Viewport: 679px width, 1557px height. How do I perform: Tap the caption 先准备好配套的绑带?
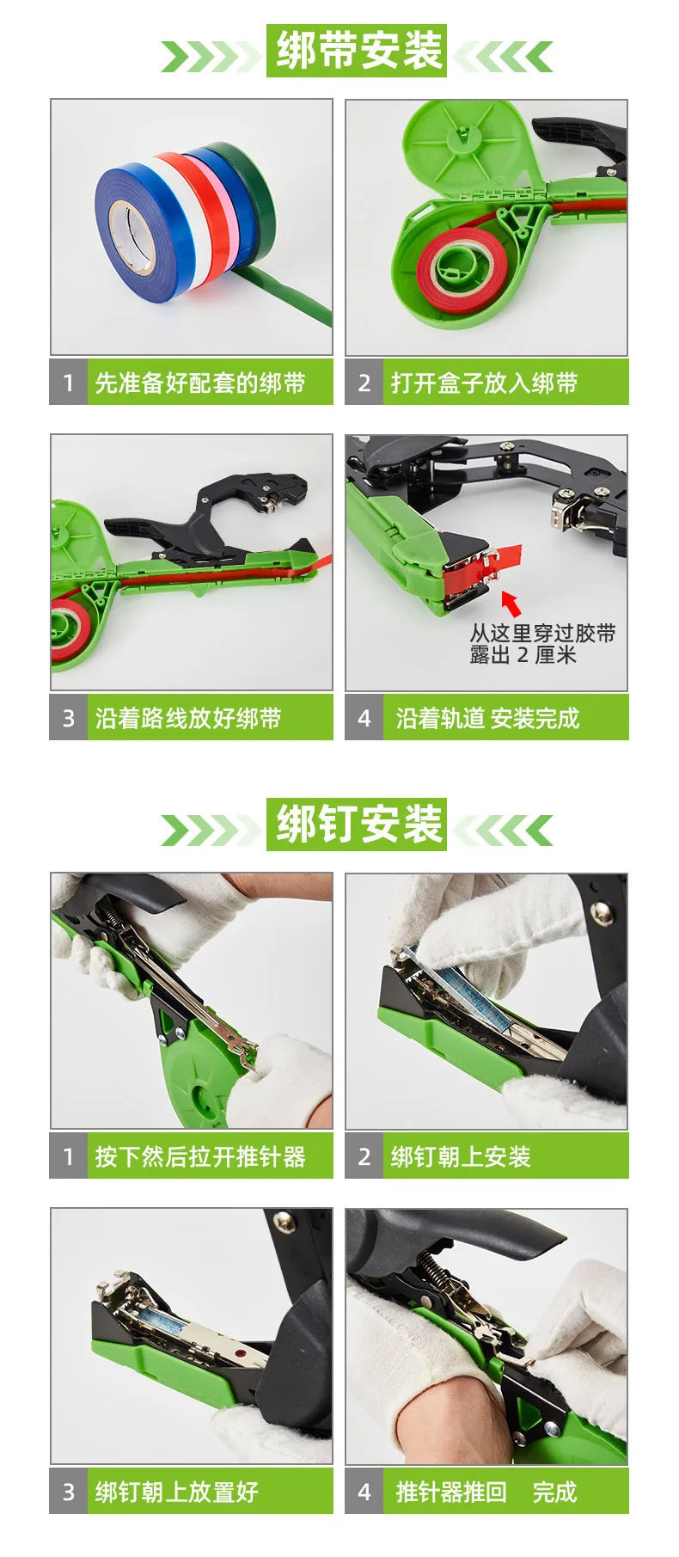pyautogui.click(x=200, y=383)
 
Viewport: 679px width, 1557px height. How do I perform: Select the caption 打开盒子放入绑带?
pyautogui.click(x=484, y=383)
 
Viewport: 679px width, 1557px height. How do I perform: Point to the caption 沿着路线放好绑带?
pyautogui.click(x=188, y=718)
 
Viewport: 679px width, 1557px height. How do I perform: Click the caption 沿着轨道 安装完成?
pyautogui.click(x=488, y=718)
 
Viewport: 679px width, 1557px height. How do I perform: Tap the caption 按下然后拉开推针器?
pyautogui.click(x=200, y=1156)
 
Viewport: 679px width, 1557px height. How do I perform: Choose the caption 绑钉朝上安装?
pyautogui.click(x=461, y=1156)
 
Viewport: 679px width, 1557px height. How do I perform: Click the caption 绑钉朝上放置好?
pyautogui.click(x=176, y=1492)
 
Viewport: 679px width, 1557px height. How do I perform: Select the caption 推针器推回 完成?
pyautogui.click(x=486, y=1492)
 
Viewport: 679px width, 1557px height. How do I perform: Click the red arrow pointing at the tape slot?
pyautogui.click(x=511, y=602)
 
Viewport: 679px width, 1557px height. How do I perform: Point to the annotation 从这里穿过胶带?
pyautogui.click(x=542, y=634)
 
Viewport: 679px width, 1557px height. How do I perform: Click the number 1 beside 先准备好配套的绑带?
pyautogui.click(x=69, y=383)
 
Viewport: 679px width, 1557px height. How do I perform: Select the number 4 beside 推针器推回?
pyautogui.click(x=364, y=1492)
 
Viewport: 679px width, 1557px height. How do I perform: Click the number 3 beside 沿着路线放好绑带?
pyautogui.click(x=69, y=718)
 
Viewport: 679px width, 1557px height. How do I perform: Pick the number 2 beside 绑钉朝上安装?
pyautogui.click(x=364, y=1156)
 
